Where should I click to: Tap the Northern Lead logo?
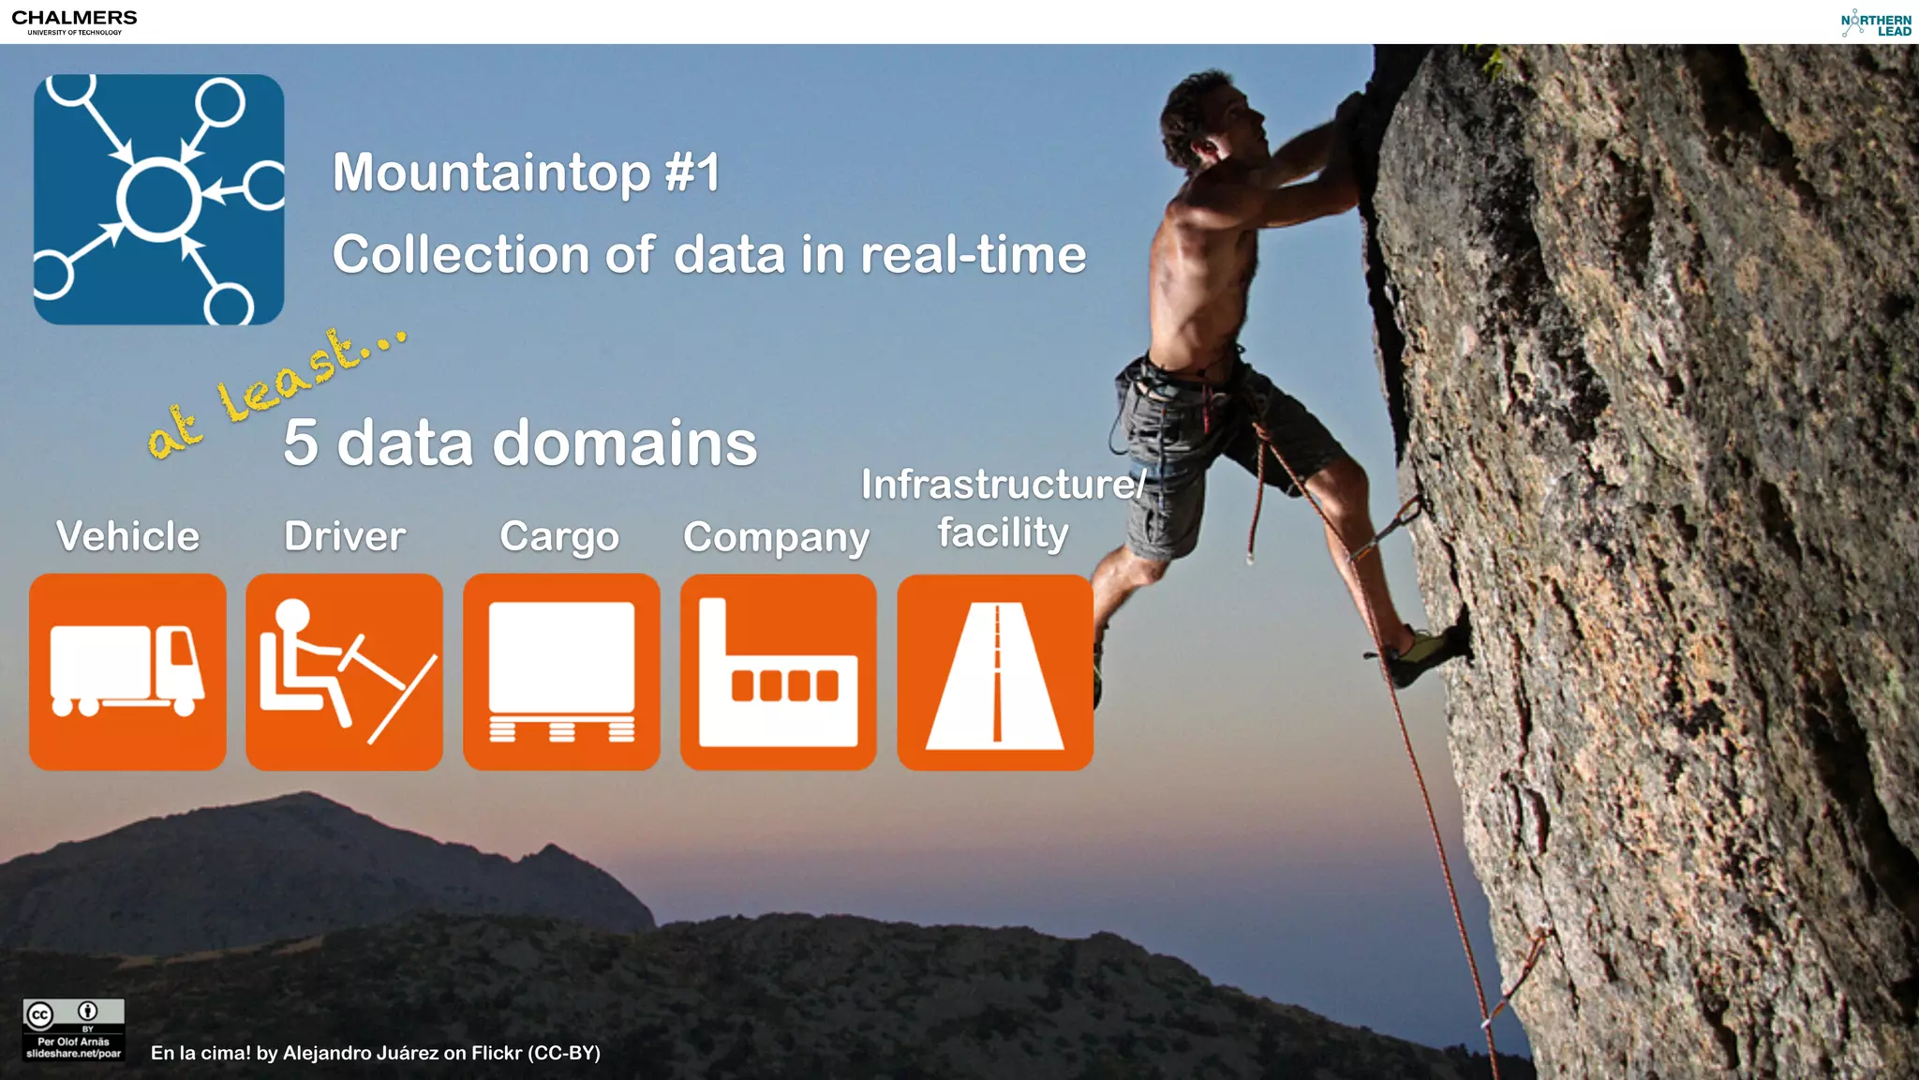(x=1876, y=23)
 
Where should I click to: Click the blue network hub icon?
(x=159, y=200)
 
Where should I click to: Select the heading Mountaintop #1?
(x=526, y=172)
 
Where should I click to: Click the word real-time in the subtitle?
(x=973, y=255)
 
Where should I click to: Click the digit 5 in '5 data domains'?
(x=301, y=442)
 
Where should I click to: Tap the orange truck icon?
(x=127, y=672)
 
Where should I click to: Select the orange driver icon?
(x=344, y=672)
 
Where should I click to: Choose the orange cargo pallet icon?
(x=561, y=672)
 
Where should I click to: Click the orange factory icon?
(x=779, y=672)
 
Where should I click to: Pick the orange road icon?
(x=995, y=672)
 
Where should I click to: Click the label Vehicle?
(x=127, y=536)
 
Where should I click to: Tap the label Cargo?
(x=559, y=537)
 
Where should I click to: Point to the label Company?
(x=776, y=538)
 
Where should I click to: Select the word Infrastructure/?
(x=1003, y=485)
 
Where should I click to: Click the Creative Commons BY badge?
(x=73, y=1029)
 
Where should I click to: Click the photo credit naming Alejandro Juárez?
(x=375, y=1053)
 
